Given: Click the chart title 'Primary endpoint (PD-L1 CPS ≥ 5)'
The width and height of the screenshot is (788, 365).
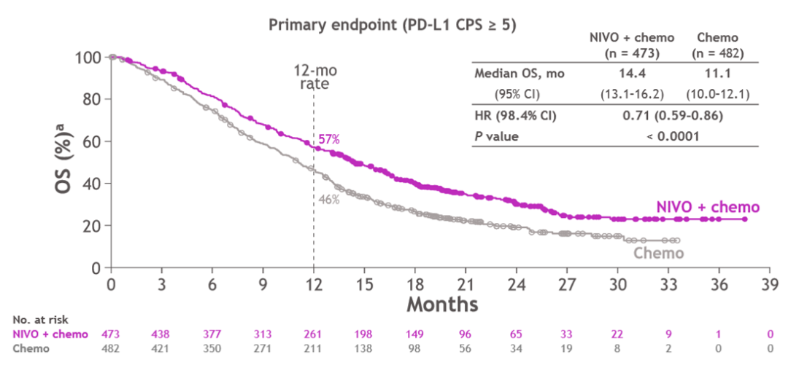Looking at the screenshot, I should point(393,24).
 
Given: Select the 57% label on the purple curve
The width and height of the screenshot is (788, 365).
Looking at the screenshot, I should point(329,139).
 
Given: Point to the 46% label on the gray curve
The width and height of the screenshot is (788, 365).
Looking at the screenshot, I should point(329,198).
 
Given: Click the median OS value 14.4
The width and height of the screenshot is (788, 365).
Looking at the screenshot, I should point(631,74).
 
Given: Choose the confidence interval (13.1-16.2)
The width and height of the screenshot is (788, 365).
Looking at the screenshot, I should point(631,94).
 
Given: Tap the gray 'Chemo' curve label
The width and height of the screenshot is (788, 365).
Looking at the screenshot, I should point(658,253).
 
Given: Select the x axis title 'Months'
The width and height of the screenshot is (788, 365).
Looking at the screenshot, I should point(442,302).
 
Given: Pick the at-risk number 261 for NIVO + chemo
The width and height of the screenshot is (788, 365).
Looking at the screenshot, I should point(314,334).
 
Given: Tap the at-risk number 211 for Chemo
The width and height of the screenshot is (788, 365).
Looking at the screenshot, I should point(314,349).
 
